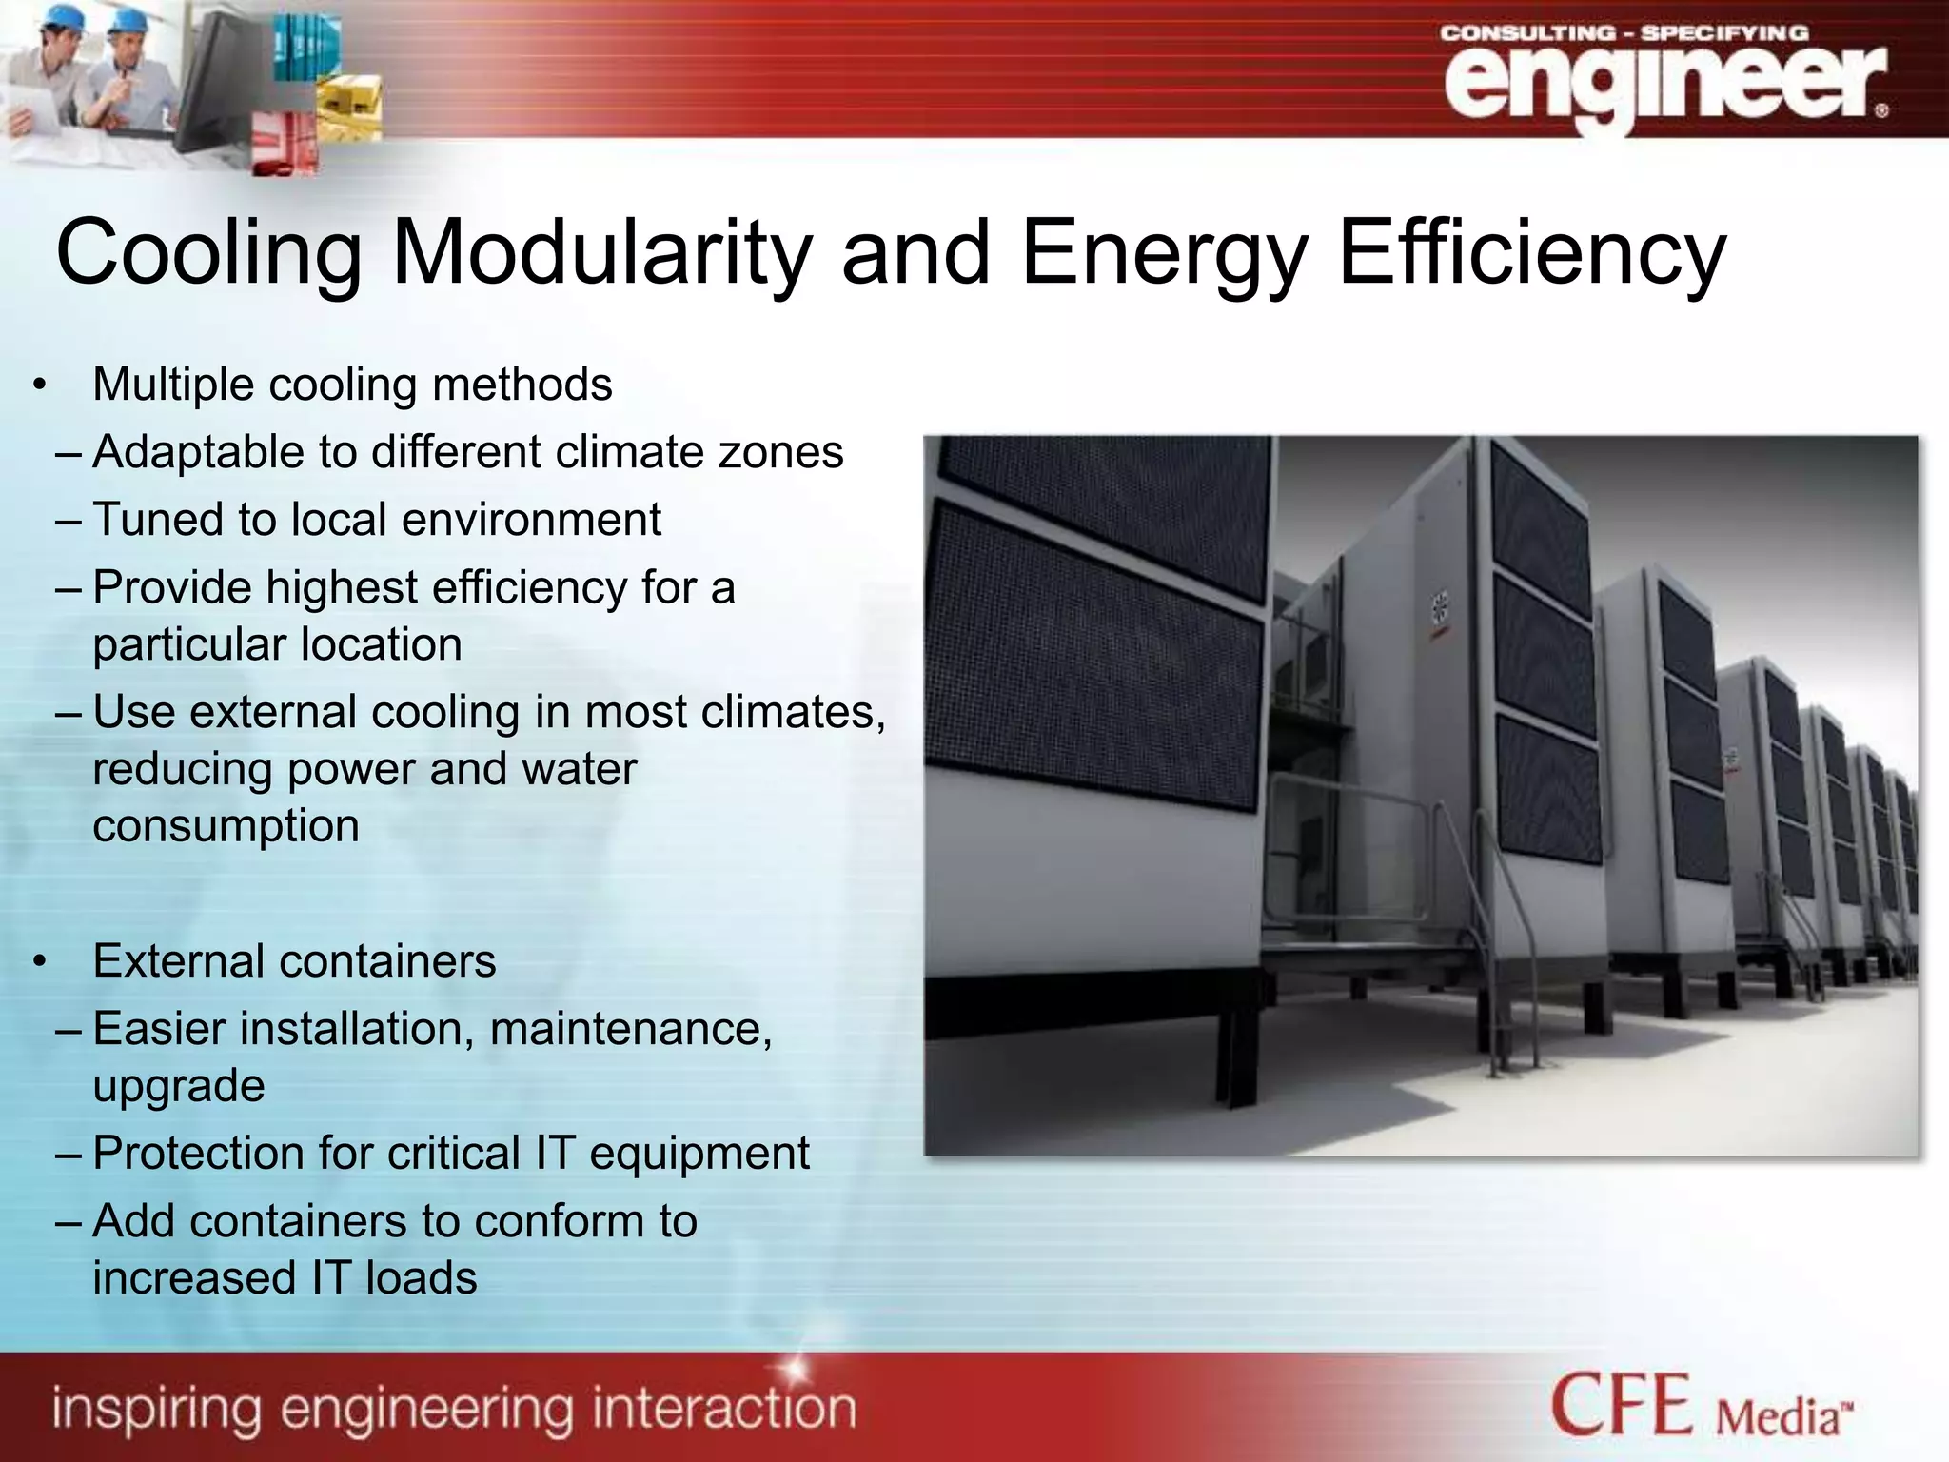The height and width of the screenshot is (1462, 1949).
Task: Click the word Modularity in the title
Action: tap(601, 253)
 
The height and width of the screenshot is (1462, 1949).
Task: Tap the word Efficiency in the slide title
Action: tap(1531, 253)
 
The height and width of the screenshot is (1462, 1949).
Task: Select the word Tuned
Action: tap(157, 520)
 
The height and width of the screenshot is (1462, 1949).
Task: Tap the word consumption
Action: tap(226, 826)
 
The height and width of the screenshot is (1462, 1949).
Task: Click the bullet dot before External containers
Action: tap(39, 962)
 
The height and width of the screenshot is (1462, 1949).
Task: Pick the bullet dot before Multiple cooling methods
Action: tap(39, 385)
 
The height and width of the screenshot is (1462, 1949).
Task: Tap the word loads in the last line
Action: tap(422, 1278)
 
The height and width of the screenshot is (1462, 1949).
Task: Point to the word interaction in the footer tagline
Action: tap(723, 1410)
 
